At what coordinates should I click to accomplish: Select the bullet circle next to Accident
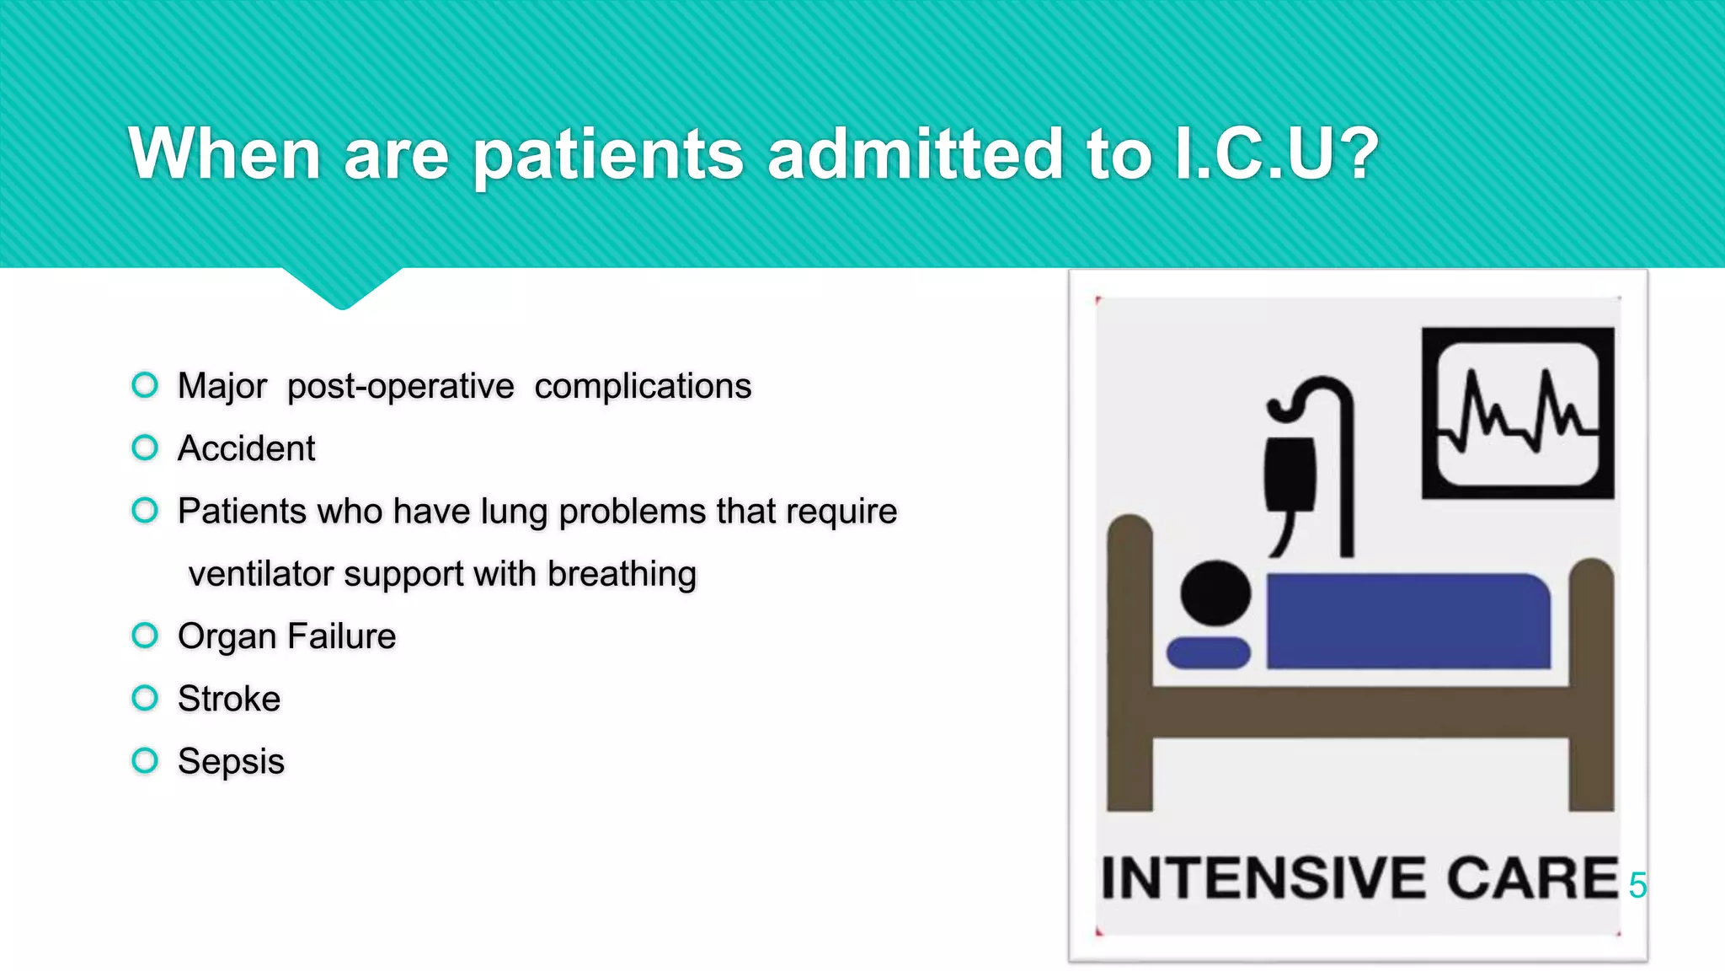click(145, 448)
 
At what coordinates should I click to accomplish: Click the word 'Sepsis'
click(231, 761)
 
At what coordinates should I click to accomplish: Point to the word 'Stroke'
click(229, 699)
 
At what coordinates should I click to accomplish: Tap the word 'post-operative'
click(400, 387)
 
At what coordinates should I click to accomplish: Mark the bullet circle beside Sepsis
click(145, 760)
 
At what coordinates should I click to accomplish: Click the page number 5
click(1637, 885)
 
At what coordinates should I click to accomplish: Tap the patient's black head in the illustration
click(1215, 593)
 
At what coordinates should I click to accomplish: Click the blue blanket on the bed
click(1407, 621)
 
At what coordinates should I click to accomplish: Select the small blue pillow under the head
click(1208, 652)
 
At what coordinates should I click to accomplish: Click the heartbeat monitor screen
click(1518, 413)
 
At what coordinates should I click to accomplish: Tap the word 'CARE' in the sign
click(1532, 878)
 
